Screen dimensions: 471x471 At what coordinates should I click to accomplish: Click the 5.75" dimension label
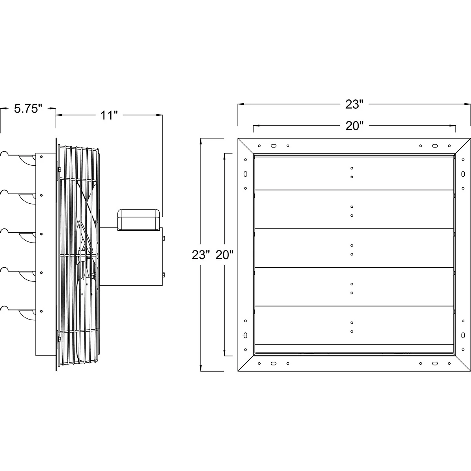coord(28,109)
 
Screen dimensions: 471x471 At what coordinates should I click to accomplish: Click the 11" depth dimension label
coord(109,115)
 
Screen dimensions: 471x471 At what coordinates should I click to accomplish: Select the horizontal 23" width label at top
coord(354,104)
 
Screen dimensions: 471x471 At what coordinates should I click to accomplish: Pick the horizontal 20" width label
coord(354,126)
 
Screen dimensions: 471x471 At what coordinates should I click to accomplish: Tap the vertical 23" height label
coord(199,255)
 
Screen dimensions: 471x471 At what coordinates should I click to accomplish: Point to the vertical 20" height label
coord(225,255)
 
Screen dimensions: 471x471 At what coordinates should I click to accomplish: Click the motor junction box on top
coord(139,219)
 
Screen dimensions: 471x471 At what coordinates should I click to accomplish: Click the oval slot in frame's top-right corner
coord(434,146)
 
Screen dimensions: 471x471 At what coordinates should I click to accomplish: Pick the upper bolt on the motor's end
coord(163,238)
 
